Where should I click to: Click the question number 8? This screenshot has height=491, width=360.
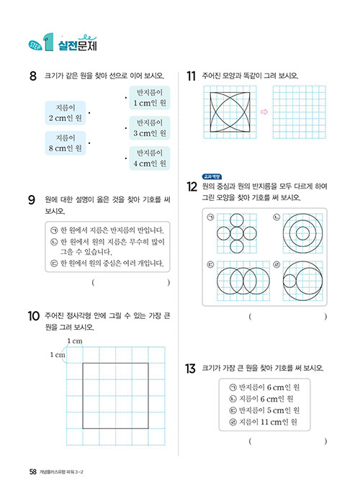click(33, 76)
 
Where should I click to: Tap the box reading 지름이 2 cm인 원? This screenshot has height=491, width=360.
click(65, 113)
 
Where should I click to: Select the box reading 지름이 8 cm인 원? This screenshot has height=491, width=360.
click(65, 143)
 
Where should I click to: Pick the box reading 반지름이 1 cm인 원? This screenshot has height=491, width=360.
click(150, 98)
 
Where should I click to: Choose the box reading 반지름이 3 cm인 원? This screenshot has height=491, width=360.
click(150, 127)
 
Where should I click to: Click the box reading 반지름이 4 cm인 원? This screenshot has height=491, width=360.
click(150, 158)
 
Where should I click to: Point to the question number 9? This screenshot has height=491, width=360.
click(32, 199)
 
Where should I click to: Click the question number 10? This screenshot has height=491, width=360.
click(34, 316)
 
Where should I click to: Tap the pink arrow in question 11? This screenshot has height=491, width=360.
click(264, 112)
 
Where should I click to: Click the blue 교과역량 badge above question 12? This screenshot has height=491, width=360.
click(212, 177)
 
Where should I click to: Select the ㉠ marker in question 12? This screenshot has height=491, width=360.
click(210, 217)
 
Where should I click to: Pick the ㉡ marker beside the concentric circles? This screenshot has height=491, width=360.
click(276, 217)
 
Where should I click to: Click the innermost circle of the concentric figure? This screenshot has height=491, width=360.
click(302, 233)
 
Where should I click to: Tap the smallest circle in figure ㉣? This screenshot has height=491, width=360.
click(283, 281)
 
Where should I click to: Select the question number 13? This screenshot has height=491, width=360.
click(190, 369)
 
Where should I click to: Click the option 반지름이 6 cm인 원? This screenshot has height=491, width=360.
click(264, 387)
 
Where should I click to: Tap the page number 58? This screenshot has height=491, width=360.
click(33, 472)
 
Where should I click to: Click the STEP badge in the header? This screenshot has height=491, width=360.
click(35, 45)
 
